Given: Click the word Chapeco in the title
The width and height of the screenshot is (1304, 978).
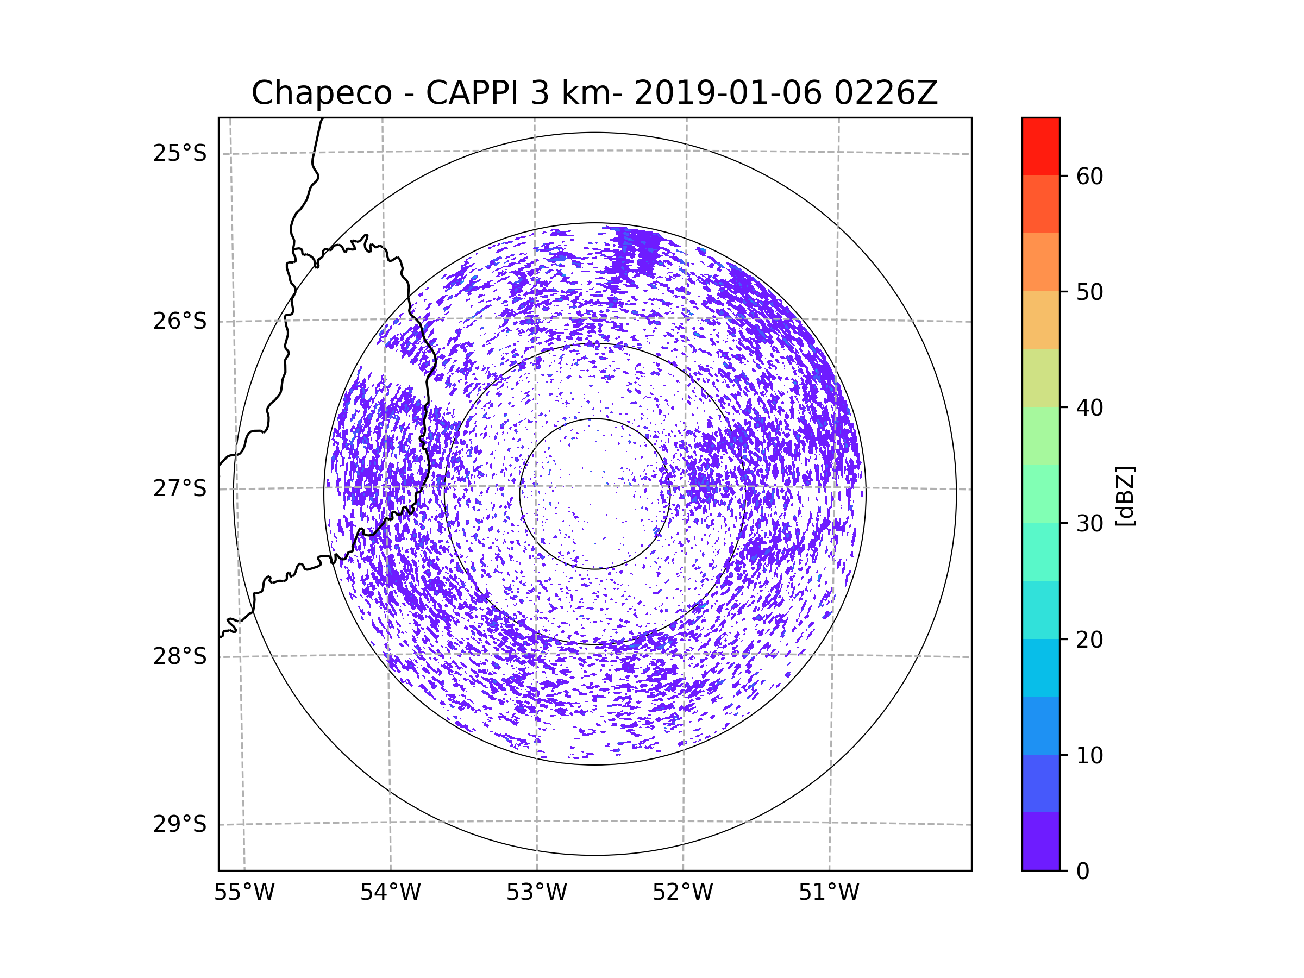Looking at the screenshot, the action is (322, 93).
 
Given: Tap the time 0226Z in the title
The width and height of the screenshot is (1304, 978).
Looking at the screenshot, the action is (886, 93).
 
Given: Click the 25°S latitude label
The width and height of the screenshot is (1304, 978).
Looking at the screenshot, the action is (180, 153).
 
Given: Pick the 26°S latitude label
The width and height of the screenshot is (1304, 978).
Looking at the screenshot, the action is (180, 321).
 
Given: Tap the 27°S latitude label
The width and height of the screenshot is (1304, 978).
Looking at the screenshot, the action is (180, 488).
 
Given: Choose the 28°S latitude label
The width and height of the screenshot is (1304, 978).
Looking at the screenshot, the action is (180, 656).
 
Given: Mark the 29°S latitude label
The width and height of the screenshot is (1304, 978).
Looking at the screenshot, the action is (180, 824).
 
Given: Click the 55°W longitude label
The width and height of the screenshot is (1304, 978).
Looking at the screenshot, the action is (244, 893).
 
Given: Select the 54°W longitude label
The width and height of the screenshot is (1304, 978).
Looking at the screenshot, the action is (390, 893).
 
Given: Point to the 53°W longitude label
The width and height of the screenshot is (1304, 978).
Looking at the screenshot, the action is (536, 893).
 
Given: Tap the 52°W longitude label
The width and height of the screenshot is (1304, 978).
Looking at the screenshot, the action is (682, 893).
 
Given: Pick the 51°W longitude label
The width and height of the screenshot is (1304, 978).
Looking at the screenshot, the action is (829, 893).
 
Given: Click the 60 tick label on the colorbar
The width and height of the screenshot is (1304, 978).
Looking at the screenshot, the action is (1089, 176).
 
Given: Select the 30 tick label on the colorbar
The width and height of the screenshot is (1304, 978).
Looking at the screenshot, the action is (1089, 523).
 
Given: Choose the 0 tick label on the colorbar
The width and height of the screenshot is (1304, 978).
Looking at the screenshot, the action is (1083, 872).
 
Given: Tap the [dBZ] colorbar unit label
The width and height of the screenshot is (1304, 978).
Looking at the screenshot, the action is (1125, 496).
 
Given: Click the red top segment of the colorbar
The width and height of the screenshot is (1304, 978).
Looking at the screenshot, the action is (1040, 147).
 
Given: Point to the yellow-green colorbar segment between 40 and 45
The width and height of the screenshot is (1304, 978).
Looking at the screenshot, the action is (1040, 378).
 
